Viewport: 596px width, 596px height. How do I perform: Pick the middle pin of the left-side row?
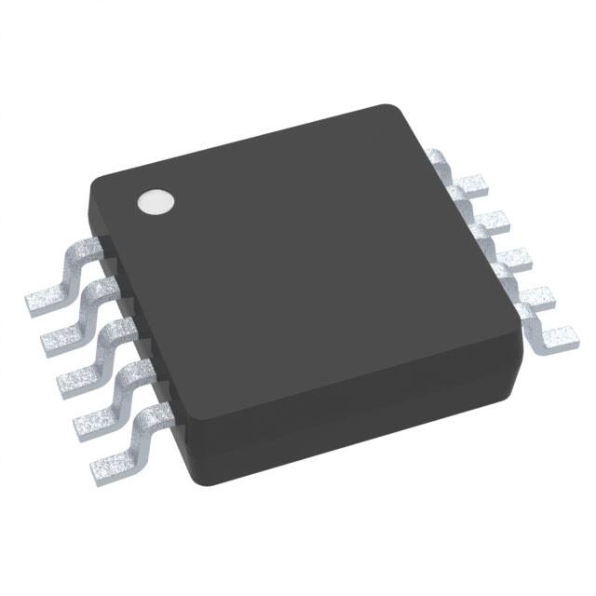[84, 366]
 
